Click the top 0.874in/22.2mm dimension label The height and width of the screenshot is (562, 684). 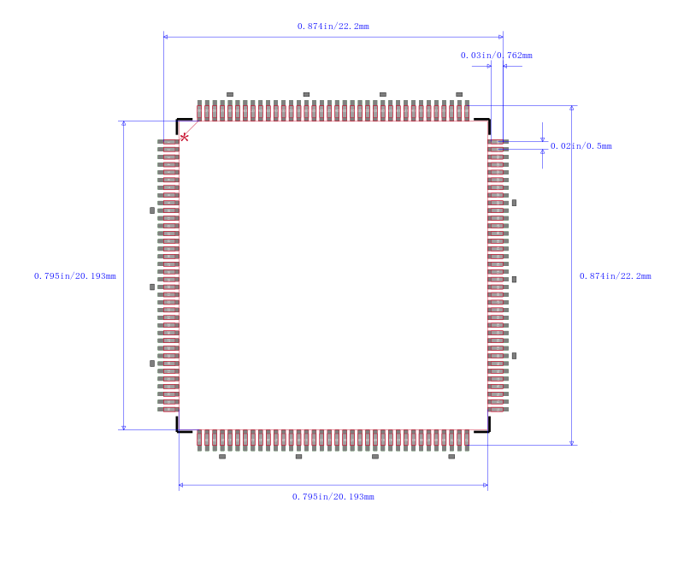click(333, 27)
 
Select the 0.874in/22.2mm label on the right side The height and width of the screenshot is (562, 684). click(615, 275)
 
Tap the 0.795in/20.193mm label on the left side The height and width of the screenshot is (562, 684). click(75, 275)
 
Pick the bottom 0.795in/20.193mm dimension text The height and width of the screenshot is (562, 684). click(333, 496)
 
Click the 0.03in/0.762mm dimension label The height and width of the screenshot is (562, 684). click(497, 56)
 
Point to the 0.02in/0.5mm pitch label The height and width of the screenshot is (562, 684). click(581, 146)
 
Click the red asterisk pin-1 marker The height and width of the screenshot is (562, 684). click(185, 138)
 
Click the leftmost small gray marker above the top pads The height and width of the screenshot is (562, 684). click(230, 94)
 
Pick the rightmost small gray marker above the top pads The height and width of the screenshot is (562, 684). click(459, 94)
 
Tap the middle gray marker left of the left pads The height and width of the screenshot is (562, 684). click(152, 287)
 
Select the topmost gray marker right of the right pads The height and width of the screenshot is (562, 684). click(515, 203)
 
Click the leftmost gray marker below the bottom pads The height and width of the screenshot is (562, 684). click(222, 457)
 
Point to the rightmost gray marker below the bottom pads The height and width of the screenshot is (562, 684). click(451, 457)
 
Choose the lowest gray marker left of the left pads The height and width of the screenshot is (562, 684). click(152, 364)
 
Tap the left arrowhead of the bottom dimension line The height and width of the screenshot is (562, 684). click(181, 485)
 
